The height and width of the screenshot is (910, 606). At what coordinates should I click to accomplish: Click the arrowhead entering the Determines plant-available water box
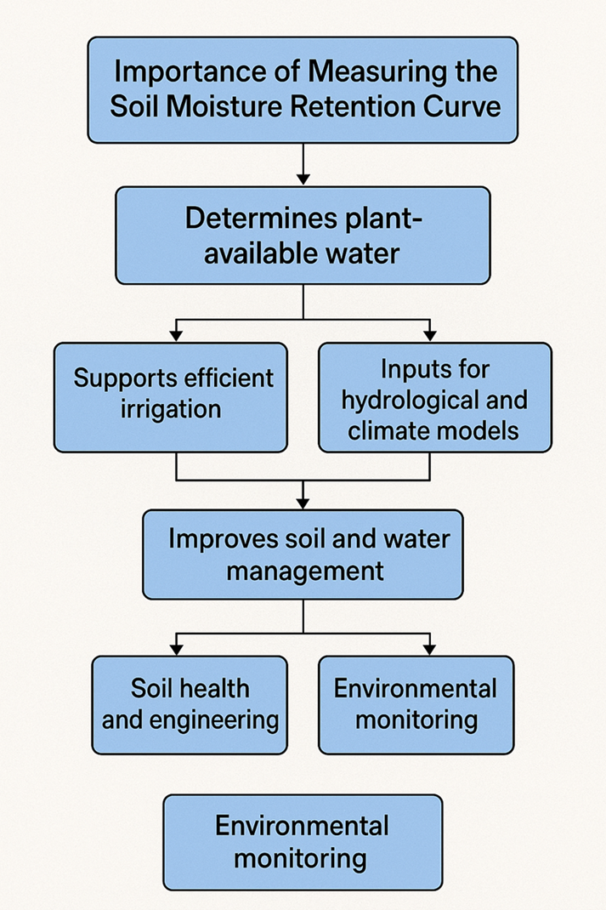pos(303,179)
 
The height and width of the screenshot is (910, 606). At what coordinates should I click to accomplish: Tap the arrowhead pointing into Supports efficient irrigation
pos(176,335)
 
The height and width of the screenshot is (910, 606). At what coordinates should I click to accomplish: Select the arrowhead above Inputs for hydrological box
pos(430,335)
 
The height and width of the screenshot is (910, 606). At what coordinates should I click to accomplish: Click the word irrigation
pos(171,409)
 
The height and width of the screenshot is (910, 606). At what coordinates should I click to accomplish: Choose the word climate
pos(386,431)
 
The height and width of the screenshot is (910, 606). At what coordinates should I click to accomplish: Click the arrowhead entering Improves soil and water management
pos(303,503)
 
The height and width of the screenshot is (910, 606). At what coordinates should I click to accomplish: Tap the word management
pos(305,571)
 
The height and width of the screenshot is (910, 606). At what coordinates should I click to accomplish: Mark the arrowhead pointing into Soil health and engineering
pos(176,649)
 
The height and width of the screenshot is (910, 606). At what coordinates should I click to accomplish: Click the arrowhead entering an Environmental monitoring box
pos(430,649)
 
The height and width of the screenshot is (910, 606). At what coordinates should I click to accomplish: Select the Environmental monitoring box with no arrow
pos(303,842)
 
